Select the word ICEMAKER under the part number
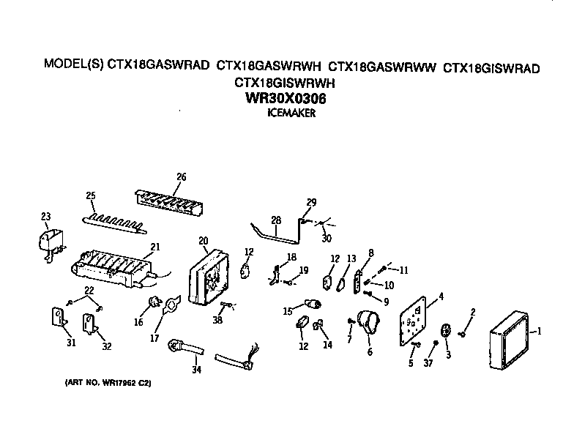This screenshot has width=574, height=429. (291, 113)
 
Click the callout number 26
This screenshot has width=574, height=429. (182, 176)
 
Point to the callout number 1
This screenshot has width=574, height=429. (540, 331)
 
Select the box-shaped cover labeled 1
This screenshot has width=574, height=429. (507, 340)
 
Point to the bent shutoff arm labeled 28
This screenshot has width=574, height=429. (278, 234)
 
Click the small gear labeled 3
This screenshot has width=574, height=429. (446, 332)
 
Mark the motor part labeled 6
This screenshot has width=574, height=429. (369, 323)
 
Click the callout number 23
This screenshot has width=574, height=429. (45, 216)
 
